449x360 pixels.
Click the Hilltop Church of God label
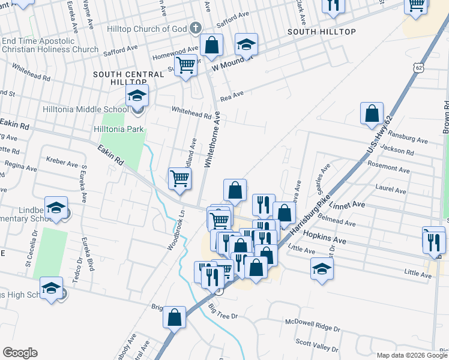tap(146, 29)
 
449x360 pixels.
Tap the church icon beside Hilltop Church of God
tap(194, 28)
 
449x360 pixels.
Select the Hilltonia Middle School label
tap(85, 110)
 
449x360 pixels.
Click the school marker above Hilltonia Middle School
tap(137, 96)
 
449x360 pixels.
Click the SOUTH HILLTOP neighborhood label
tap(322, 31)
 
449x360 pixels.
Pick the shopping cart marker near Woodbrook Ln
tap(180, 179)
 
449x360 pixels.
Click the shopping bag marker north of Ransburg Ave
tap(372, 113)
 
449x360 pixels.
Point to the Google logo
tap(20, 353)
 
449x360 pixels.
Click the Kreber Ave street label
tap(63, 163)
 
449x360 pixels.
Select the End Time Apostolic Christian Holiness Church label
tap(50, 45)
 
